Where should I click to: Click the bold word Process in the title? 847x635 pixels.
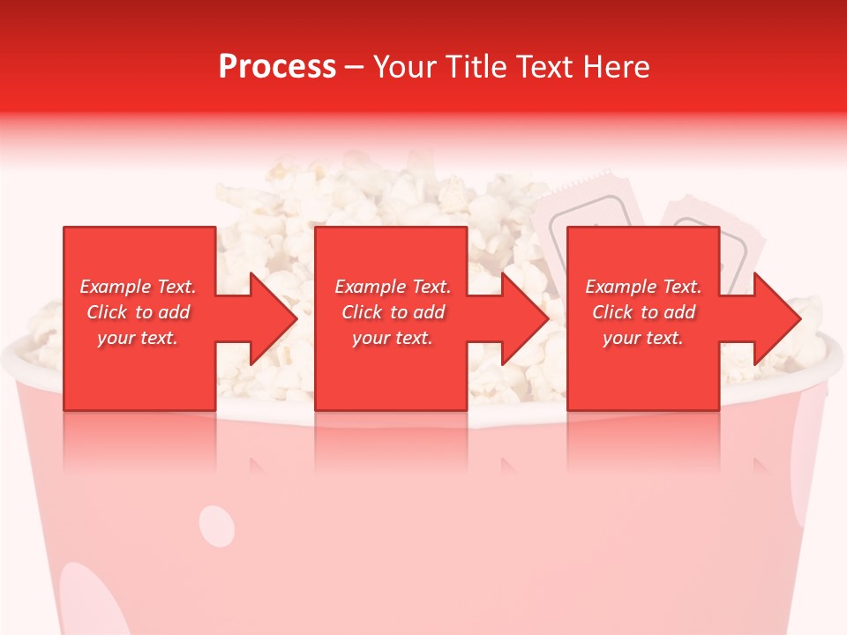pyautogui.click(x=277, y=67)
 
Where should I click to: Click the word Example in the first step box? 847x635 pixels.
pyautogui.click(x=116, y=287)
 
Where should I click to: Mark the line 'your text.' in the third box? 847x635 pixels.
pyautogui.click(x=642, y=338)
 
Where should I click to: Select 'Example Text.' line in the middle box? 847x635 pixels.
pyautogui.click(x=393, y=287)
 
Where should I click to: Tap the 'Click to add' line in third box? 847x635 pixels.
pyautogui.click(x=643, y=312)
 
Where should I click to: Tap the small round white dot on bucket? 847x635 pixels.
pyautogui.click(x=217, y=526)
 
